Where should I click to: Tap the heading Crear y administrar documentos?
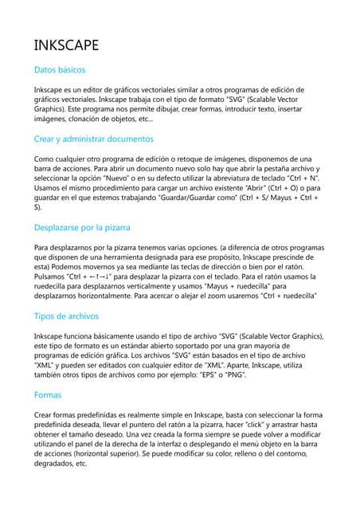94,139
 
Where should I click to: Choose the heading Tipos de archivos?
66,316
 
